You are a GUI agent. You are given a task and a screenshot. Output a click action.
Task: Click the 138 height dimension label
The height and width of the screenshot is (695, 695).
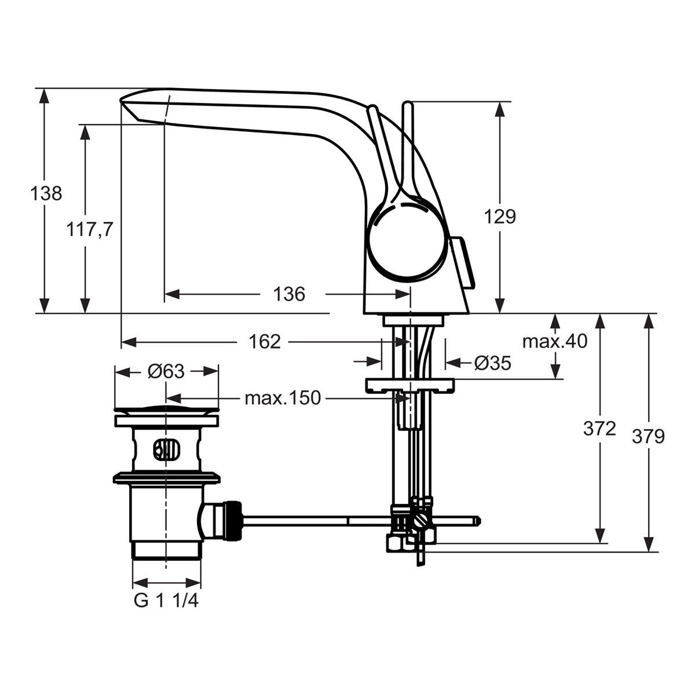(x=46, y=193)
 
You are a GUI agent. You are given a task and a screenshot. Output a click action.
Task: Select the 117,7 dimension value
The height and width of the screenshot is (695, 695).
(x=90, y=229)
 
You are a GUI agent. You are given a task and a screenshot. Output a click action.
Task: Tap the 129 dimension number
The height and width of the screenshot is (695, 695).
(x=499, y=217)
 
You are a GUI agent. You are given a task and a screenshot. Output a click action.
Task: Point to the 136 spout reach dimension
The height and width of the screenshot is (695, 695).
(x=289, y=294)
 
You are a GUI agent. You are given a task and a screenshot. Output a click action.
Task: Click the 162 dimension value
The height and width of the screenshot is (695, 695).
(x=265, y=341)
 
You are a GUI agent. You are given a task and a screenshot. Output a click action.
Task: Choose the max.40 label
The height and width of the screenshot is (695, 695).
(x=555, y=341)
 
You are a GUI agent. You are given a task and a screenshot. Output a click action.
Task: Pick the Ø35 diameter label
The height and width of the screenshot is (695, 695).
(x=493, y=363)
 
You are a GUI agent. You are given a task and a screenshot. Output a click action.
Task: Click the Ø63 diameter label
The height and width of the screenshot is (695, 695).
(x=166, y=371)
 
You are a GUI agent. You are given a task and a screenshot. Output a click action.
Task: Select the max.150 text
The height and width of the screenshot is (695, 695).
(x=283, y=398)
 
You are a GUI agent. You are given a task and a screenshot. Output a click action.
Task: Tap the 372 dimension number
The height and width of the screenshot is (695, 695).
(x=599, y=429)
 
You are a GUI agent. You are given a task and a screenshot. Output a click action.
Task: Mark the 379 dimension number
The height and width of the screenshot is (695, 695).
(x=648, y=437)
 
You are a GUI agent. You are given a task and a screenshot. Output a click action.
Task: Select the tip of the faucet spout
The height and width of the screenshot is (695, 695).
(x=120, y=101)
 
